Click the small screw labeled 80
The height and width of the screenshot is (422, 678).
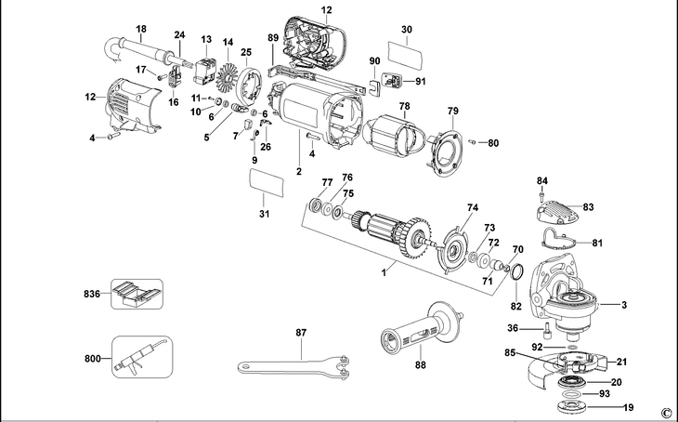[473, 142]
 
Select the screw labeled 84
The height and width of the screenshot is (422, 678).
[541, 195]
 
